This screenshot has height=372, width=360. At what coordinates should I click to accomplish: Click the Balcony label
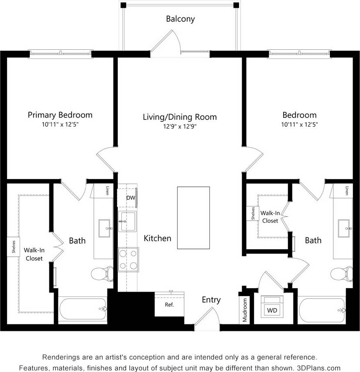[180, 19]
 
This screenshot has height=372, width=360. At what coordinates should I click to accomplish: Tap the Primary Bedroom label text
[60, 115]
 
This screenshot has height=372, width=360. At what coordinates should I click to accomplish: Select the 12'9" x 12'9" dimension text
[180, 127]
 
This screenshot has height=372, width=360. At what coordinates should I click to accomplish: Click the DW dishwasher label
[130, 198]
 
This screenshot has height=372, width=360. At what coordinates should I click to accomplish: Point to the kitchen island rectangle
[193, 218]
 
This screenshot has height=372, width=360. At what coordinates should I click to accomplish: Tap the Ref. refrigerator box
[169, 304]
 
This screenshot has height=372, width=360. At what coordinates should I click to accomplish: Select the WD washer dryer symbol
[272, 310]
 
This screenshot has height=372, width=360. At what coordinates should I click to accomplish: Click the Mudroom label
[245, 310]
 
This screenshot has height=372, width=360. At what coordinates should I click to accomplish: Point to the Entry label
[211, 300]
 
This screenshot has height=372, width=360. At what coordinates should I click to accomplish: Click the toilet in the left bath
[102, 274]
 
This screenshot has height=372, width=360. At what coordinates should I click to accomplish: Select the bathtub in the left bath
[82, 310]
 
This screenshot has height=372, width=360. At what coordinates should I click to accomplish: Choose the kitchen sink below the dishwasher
[128, 221]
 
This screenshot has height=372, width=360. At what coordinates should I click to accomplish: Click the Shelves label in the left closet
[14, 247]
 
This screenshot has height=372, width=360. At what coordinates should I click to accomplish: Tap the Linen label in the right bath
[347, 191]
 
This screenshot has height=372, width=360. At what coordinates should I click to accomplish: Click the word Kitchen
[158, 238]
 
